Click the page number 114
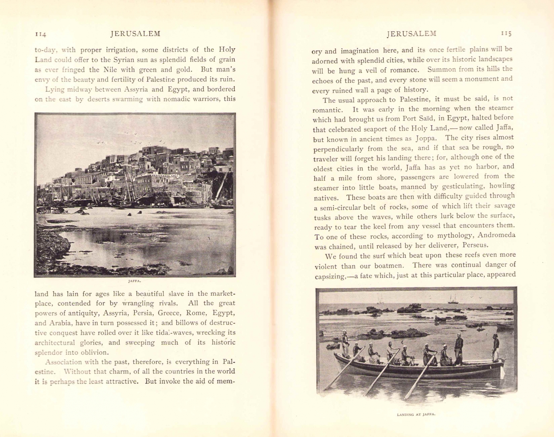click(x=40, y=34)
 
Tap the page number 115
click(x=506, y=34)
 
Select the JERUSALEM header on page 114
click(x=135, y=34)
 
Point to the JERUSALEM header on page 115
click(x=411, y=34)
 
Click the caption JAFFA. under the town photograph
click(x=135, y=281)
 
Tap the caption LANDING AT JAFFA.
click(x=416, y=414)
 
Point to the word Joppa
click(x=426, y=139)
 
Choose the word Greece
click(x=170, y=313)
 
